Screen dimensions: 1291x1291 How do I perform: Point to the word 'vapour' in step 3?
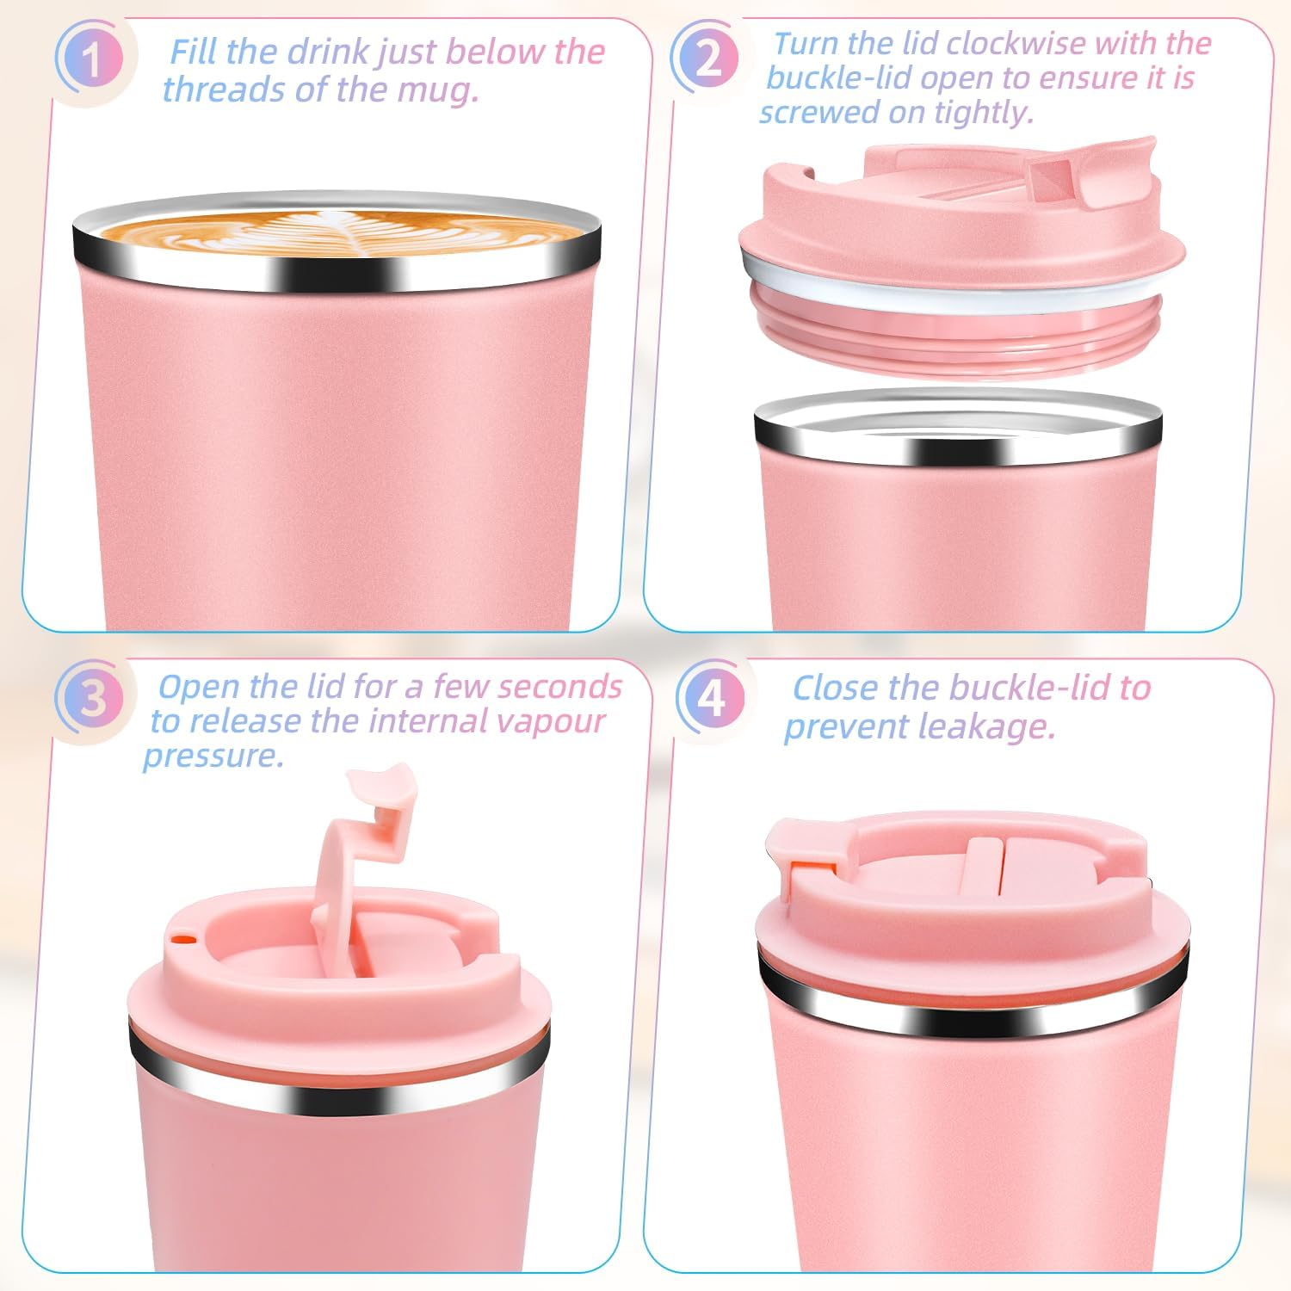[555, 721]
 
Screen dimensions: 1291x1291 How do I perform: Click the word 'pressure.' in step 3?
[213, 757]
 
